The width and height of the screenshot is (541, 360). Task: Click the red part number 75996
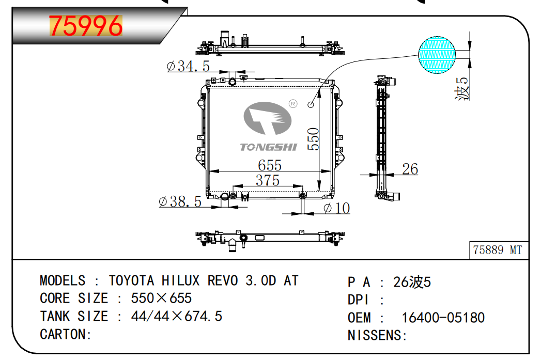[x=86, y=26]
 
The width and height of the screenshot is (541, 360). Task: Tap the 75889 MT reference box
[x=499, y=250]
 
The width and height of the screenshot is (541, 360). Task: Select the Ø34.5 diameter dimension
[x=188, y=66]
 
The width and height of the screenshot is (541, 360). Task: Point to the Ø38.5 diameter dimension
[x=180, y=201]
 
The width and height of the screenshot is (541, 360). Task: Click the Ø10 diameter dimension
[x=337, y=208]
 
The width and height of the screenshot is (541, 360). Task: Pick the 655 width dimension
[x=270, y=165]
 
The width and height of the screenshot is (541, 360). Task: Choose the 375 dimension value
[x=268, y=180]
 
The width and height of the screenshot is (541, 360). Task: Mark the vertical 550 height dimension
[x=313, y=139]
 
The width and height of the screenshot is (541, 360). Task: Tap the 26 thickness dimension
[x=410, y=169]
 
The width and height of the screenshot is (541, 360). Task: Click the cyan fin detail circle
[x=437, y=55]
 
